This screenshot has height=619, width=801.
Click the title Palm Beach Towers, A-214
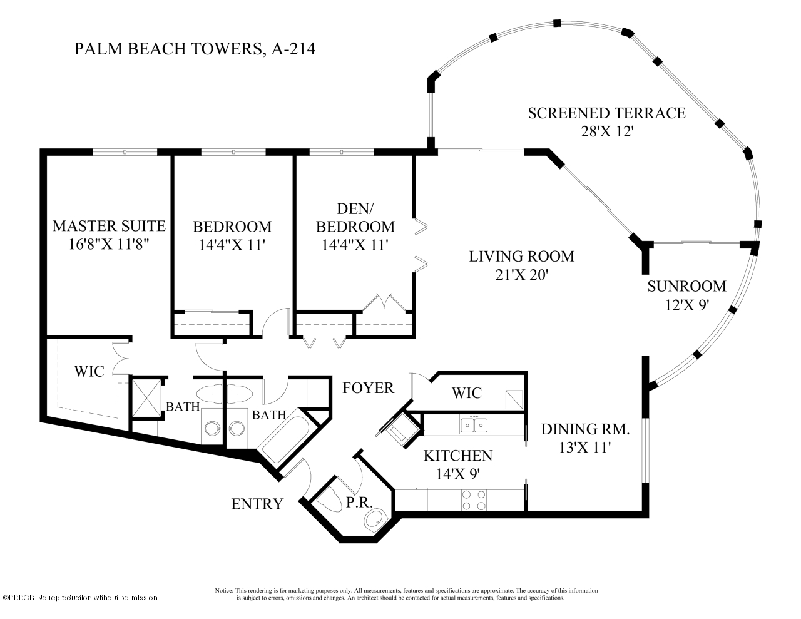195,49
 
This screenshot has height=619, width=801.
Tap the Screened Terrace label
606,113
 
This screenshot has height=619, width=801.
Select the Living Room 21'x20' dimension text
521,274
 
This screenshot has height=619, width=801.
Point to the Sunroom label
686,287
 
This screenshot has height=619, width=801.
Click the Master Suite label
109,226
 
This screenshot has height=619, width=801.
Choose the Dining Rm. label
585,429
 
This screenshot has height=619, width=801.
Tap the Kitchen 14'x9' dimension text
458,474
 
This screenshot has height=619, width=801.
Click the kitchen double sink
474,425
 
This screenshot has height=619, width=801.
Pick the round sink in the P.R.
375,518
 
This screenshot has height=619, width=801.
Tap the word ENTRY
257,504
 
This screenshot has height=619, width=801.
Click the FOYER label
369,388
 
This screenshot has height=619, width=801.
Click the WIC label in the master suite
89,371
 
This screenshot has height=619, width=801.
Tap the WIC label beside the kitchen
467,393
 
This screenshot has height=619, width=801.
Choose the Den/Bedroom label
358,217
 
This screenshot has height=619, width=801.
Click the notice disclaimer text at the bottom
406,594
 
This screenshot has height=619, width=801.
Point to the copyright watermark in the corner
80,598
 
